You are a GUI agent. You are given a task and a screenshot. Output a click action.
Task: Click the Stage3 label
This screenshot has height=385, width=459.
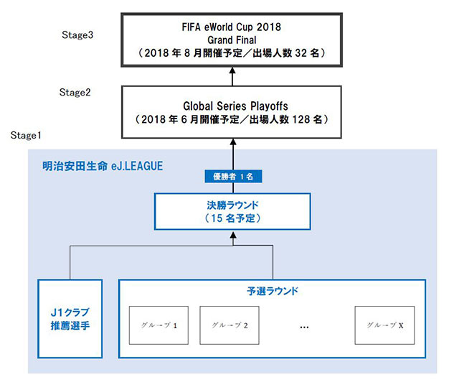[x=77, y=34]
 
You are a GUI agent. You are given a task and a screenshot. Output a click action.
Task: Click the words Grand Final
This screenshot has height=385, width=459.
[x=232, y=40]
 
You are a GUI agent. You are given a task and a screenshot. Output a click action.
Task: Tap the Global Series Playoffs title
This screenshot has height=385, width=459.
[x=232, y=103]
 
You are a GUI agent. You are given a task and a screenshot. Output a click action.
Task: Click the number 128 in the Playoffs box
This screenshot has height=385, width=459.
[x=303, y=118]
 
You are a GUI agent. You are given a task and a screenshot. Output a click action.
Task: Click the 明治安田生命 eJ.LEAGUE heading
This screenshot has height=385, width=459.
[x=102, y=166]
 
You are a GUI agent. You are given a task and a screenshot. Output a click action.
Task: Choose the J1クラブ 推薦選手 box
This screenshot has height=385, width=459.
[x=71, y=319]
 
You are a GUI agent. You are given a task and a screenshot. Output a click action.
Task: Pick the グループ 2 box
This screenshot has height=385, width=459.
[x=230, y=325]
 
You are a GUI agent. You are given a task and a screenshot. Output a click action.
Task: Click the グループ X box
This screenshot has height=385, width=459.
[x=384, y=325]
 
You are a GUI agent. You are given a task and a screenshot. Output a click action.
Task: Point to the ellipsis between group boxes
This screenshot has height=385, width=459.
[x=304, y=325]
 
